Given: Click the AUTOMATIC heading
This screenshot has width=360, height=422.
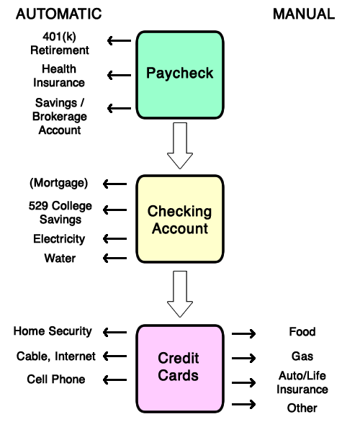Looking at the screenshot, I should coord(58,14).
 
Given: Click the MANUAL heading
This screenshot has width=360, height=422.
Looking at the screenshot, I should coord(303,14).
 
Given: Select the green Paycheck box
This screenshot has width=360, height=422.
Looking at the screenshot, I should coord(179,74).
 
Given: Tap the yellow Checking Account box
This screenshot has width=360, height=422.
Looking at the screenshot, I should coord(179,220).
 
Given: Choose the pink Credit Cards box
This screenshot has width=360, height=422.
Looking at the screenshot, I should coord(179,367).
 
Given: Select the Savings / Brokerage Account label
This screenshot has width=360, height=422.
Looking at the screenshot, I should coord(60,116).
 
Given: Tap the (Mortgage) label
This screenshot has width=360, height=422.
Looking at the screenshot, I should coord(59,183).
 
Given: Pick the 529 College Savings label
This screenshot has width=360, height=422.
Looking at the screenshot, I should coord(60,213).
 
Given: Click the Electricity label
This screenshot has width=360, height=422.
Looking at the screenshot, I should coord(59,239).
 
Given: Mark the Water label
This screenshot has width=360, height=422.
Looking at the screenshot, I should coord(59,258).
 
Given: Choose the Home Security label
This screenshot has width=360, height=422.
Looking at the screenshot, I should coord(53,331).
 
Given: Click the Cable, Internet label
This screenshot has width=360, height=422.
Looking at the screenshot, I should coord(56,356).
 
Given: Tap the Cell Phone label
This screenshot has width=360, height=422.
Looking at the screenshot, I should coord(56,380).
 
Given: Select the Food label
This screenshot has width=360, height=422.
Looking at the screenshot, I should coord(302,332).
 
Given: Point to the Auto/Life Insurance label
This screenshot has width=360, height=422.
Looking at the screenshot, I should coord(303,382).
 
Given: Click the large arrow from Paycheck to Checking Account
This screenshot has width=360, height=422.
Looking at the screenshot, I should coord(179,147).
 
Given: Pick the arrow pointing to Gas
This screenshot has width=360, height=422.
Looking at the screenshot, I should coord(244,357).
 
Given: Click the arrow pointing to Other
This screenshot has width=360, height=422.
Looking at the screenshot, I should coord(244,405).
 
